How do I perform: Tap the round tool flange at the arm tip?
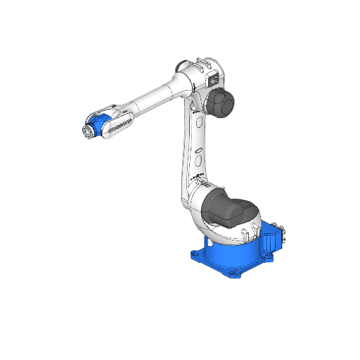pyautogui.click(x=87, y=131)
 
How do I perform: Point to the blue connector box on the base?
pyautogui.click(x=271, y=240)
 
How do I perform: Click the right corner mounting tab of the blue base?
pyautogui.click(x=270, y=257)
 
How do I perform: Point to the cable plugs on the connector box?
pyautogui.click(x=283, y=235)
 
